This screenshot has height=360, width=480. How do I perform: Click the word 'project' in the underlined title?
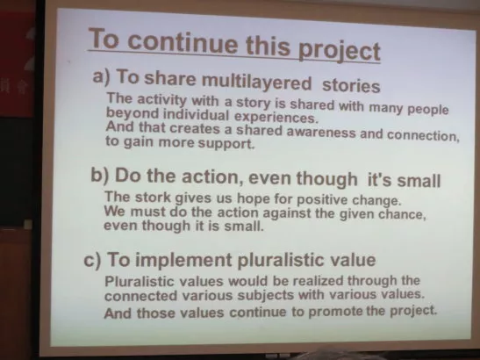[340, 51]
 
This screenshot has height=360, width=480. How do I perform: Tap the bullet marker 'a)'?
[101, 76]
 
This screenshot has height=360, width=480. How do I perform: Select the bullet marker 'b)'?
[100, 176]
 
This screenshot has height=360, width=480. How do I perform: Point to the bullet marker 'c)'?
[92, 261]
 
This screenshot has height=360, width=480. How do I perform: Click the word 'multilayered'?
[256, 82]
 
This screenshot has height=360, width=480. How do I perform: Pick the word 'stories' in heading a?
[351, 85]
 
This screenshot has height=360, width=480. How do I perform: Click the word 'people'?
[428, 109]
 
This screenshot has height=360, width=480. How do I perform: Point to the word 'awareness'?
[321, 132]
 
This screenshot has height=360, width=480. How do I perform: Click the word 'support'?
[226, 143]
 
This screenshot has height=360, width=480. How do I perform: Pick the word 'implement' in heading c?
[183, 261]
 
